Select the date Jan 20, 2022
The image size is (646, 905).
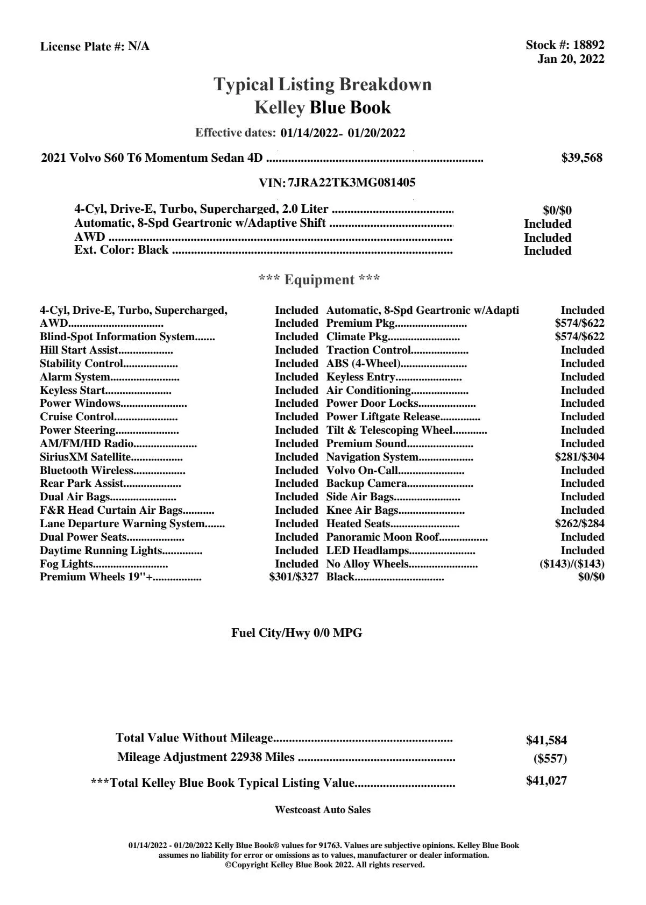pyautogui.click(x=571, y=59)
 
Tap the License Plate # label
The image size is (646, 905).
pyautogui.click(x=83, y=47)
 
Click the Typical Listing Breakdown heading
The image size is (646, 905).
pyautogui.click(x=323, y=84)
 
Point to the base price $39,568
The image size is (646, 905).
pyautogui.click(x=582, y=158)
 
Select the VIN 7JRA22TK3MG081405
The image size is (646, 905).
pyautogui.click(x=351, y=183)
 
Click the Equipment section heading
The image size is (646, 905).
pyautogui.click(x=320, y=279)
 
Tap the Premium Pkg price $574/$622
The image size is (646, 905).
pyautogui.click(x=579, y=324)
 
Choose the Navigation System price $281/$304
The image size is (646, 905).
pyautogui.click(x=579, y=457)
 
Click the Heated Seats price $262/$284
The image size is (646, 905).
pyautogui.click(x=579, y=524)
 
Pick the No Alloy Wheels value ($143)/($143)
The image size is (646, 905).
pyautogui.click(x=572, y=564)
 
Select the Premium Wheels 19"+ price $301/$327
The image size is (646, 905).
pyautogui.click(x=294, y=577)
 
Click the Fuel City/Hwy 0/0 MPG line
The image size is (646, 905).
pyautogui.click(x=297, y=633)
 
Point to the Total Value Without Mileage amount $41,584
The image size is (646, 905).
pyautogui.click(x=546, y=741)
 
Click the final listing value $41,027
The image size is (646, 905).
pyautogui.click(x=546, y=781)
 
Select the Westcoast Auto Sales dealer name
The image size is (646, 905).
pyautogui.click(x=323, y=810)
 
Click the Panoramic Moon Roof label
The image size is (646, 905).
pyautogui.click(x=382, y=537)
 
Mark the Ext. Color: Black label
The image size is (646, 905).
pyautogui.click(x=122, y=250)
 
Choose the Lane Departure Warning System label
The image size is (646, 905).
pyautogui.click(x=122, y=524)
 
